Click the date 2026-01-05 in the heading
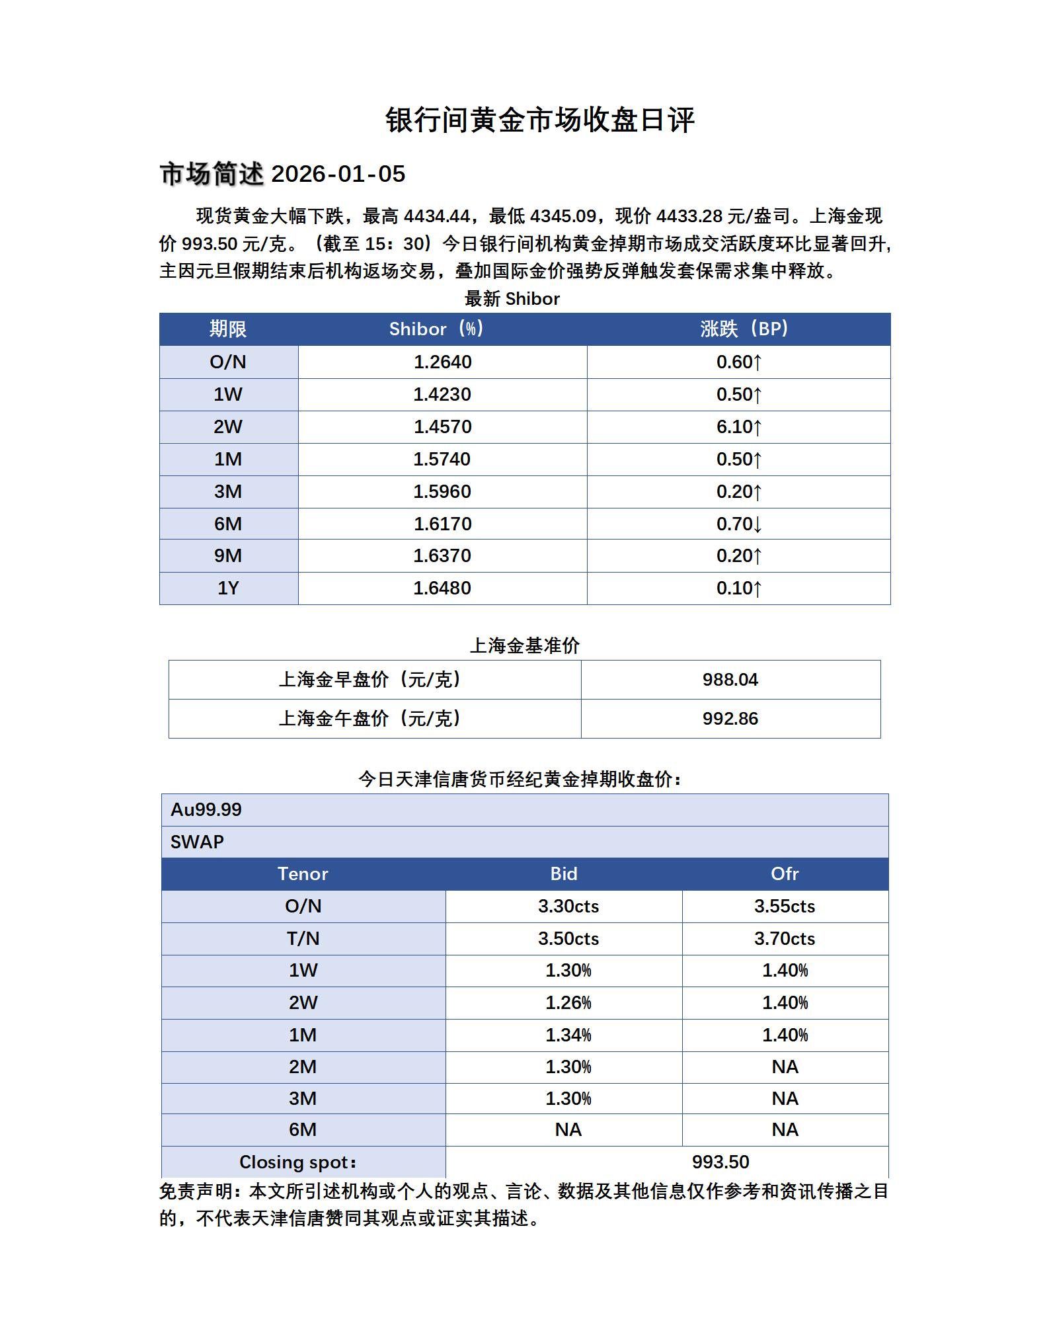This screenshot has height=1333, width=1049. (338, 175)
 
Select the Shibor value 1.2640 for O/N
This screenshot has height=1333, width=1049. (442, 362)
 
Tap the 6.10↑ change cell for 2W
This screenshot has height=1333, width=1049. (738, 427)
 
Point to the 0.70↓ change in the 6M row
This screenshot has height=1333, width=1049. (738, 524)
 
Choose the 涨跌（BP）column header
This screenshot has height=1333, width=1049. (744, 329)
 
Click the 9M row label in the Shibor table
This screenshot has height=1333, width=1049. (228, 556)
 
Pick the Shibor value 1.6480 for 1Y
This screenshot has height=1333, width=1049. (442, 588)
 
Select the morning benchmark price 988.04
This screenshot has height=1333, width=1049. (730, 680)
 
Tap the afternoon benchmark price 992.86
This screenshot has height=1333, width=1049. (730, 719)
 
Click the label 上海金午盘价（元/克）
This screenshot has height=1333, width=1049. (370, 719)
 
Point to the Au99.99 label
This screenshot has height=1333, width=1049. (206, 810)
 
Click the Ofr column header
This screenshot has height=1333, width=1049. (785, 874)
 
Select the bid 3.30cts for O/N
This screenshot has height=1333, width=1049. (568, 907)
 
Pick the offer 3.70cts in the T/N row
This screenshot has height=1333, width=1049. (785, 939)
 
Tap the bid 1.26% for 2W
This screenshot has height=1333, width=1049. (568, 1003)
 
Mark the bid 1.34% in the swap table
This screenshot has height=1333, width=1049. (568, 1035)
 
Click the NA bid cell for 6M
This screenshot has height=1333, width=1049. (568, 1130)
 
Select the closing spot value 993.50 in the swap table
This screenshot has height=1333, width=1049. (720, 1162)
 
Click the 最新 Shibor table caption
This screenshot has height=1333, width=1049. (512, 300)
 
